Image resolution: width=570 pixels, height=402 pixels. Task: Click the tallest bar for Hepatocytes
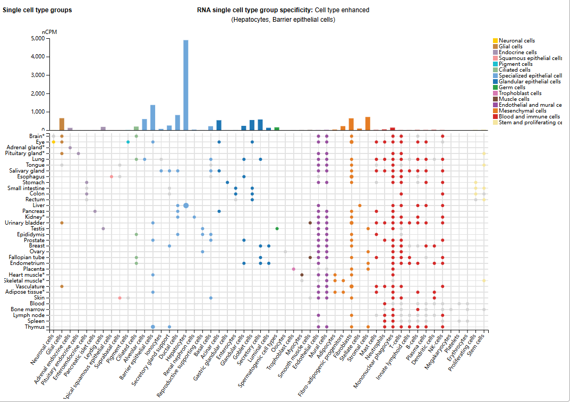pyautogui.click(x=186, y=85)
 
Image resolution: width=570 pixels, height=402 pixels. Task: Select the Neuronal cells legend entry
pyautogui.click(x=516, y=41)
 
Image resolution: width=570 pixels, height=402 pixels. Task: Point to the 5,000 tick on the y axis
pyautogui.click(x=38, y=39)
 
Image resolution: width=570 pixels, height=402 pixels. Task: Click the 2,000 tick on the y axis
pyautogui.click(x=38, y=93)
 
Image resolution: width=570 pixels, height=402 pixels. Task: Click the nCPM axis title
pyautogui.click(x=50, y=32)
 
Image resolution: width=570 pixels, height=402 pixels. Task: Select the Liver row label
pyautogui.click(x=38, y=206)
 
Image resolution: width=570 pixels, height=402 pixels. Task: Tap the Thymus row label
pyautogui.click(x=36, y=327)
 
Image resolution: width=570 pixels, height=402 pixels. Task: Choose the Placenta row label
pyautogui.click(x=34, y=269)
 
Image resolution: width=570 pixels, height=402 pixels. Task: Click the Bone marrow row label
pyautogui.click(x=30, y=309)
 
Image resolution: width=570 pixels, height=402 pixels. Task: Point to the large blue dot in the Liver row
pyautogui.click(x=186, y=206)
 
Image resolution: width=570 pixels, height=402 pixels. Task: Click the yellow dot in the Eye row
pyautogui.click(x=54, y=142)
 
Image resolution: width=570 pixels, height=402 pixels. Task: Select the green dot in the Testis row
pyautogui.click(x=277, y=228)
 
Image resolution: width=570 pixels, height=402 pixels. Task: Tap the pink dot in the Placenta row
pyautogui.click(x=294, y=269)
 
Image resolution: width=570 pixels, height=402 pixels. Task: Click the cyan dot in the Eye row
pyautogui.click(x=128, y=142)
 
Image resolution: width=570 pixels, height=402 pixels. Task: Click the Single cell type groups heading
pyautogui.click(x=37, y=10)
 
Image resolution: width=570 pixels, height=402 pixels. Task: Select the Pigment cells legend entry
pyautogui.click(x=515, y=64)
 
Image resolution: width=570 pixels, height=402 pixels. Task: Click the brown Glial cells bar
pyautogui.click(x=62, y=124)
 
